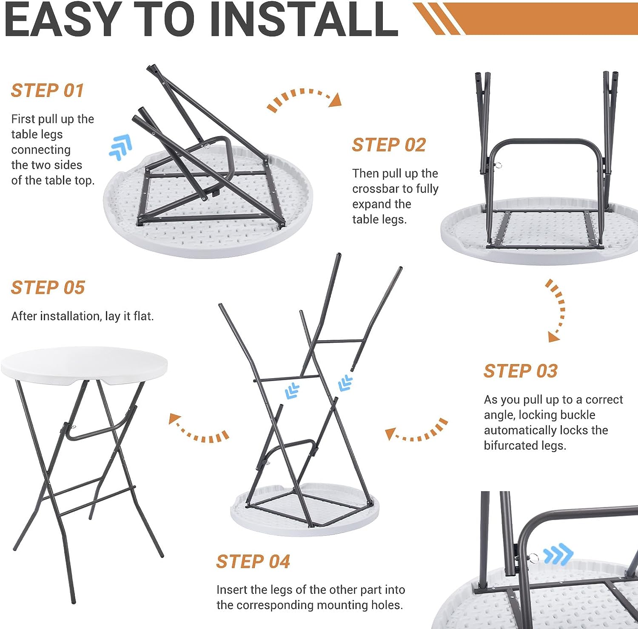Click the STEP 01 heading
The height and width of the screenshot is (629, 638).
(x=47, y=91)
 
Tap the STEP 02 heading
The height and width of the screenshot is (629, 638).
(x=389, y=145)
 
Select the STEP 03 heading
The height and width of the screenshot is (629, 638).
(x=520, y=371)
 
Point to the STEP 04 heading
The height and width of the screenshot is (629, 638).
(x=253, y=561)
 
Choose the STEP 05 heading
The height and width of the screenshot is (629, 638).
(x=48, y=288)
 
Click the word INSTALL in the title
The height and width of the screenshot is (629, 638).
(x=304, y=19)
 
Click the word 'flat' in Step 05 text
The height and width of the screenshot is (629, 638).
(x=144, y=316)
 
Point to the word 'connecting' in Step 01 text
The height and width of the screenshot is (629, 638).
(x=41, y=150)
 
